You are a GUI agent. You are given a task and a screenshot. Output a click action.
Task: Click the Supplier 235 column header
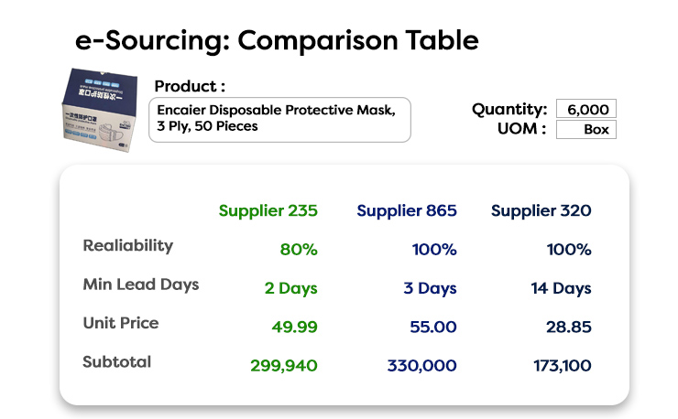click(x=268, y=210)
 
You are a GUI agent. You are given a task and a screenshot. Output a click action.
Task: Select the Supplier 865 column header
click(x=407, y=210)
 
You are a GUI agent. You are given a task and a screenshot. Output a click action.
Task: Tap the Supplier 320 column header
click(x=541, y=210)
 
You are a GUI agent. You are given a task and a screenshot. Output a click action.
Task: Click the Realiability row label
click(x=128, y=246)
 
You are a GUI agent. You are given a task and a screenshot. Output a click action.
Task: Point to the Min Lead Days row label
click(x=141, y=285)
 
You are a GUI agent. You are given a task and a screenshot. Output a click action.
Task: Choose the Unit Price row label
click(x=121, y=323)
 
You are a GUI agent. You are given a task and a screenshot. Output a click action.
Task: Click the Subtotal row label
click(x=116, y=362)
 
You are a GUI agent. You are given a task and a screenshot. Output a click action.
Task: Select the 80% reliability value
click(x=299, y=250)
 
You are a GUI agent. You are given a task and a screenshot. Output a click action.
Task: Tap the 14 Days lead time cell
click(x=561, y=288)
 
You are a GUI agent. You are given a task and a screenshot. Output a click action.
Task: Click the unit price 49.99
click(x=294, y=327)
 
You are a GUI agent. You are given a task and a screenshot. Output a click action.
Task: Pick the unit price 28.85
click(x=569, y=327)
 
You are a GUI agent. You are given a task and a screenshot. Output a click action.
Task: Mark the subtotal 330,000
click(x=421, y=366)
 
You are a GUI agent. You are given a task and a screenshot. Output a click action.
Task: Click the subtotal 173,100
click(x=563, y=366)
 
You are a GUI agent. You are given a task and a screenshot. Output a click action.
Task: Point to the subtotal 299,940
click(x=284, y=366)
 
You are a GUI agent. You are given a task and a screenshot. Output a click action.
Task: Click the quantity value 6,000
click(x=585, y=109)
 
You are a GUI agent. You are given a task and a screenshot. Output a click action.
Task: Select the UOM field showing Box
click(x=585, y=129)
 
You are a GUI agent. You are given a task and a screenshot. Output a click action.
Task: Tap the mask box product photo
click(x=100, y=110)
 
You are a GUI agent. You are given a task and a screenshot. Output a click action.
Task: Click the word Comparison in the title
click(x=318, y=41)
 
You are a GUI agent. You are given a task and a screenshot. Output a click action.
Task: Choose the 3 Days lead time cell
click(x=430, y=288)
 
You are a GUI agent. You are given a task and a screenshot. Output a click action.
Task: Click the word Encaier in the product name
click(x=181, y=110)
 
